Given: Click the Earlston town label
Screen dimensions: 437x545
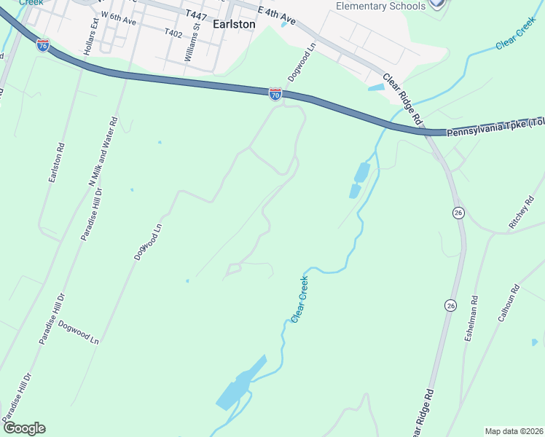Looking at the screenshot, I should (x=235, y=24).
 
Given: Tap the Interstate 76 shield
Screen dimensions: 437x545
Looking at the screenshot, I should (x=43, y=45).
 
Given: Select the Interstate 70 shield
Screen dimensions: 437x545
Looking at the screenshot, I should (x=275, y=94).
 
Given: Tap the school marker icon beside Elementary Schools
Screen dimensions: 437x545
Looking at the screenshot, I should (x=436, y=3).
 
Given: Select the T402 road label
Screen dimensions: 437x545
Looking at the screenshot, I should (x=173, y=34).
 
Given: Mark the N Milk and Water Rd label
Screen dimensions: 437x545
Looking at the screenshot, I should (x=103, y=152).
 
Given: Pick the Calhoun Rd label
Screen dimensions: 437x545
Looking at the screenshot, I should (x=507, y=303).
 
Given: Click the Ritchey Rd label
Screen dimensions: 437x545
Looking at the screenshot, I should (x=522, y=216).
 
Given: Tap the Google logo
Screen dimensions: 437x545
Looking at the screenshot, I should (x=24, y=428).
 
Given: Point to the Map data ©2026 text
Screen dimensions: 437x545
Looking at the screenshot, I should (x=514, y=430).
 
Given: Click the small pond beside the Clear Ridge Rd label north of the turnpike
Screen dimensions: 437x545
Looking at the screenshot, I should (x=375, y=87).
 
